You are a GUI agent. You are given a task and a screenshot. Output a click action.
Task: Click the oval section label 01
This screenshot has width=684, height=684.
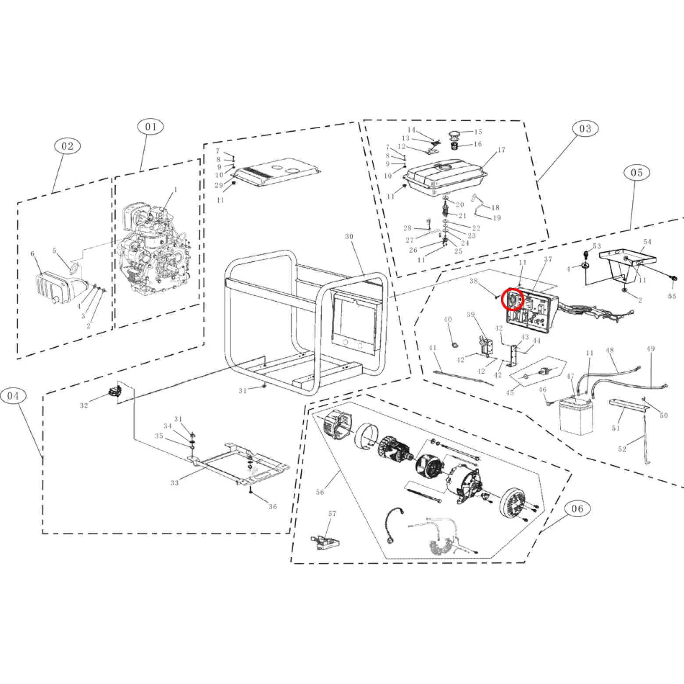point(150,127)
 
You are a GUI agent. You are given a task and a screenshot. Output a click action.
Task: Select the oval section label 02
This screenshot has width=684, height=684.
point(68,146)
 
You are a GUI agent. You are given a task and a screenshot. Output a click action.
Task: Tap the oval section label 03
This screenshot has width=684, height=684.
point(585,128)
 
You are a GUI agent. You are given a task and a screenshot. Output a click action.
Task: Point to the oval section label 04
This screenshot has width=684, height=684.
point(13,396)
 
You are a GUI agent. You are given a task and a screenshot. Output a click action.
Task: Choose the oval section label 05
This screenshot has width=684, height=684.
point(637,172)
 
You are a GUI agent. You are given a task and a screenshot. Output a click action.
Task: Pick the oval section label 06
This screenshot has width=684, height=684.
point(577,508)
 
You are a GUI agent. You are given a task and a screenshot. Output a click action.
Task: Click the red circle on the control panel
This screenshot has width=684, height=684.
point(513,299)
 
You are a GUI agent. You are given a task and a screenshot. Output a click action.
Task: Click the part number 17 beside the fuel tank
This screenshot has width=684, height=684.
point(501,150)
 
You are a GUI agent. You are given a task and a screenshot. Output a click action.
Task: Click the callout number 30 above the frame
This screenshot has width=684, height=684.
point(349,236)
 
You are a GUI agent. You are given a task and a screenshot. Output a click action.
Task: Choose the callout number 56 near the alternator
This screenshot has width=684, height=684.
point(320,492)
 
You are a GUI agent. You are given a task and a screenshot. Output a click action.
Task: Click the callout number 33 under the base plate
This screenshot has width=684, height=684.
point(175,483)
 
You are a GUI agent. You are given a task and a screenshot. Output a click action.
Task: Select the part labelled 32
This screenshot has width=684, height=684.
point(115,392)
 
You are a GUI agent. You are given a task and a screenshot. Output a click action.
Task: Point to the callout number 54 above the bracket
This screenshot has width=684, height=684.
point(647,242)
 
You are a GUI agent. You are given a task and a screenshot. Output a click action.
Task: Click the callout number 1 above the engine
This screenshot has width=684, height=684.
point(175,190)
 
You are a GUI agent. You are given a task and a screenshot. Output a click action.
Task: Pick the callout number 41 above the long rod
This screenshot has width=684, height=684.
point(433,348)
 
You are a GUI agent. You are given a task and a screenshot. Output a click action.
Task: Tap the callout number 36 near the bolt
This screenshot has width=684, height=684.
point(273,506)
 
